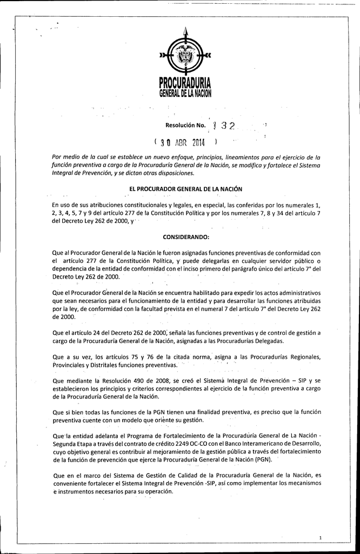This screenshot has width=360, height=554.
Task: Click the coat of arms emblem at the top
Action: coord(185,55)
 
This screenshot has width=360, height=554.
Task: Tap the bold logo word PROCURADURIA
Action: coord(185,83)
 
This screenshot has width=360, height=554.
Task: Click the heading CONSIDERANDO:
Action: coord(185,238)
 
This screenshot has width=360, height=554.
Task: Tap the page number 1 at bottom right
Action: coord(321,538)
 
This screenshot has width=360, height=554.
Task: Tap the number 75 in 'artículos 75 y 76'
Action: coord(132,357)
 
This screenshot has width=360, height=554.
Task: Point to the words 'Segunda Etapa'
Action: coord(72,443)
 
